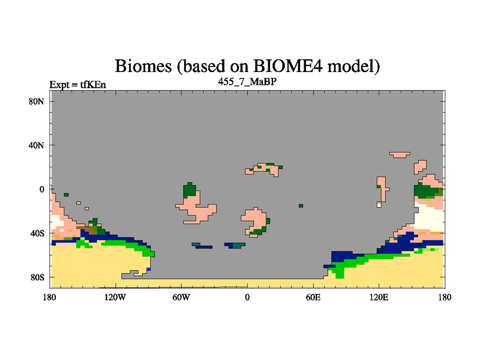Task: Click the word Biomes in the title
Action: pos(143,66)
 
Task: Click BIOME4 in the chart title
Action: pos(288,66)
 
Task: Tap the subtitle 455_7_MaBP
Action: pos(247,82)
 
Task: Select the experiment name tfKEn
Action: pos(93,85)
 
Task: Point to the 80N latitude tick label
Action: pos(37,101)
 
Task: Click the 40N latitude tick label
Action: pos(37,145)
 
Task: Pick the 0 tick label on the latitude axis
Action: pos(41,190)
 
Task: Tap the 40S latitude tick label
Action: pos(37,233)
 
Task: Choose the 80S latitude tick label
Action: pos(37,277)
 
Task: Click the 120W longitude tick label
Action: pos(115,297)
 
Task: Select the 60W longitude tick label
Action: pos(181,297)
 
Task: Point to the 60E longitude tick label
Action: pos(313,297)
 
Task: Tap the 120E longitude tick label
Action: pos(379,297)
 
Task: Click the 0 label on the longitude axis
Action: pos(247,297)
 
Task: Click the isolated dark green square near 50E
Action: pos(301,206)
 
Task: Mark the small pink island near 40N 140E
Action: pos(400,155)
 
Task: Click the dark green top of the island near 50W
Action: pos(190,190)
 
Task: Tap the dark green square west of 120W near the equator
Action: pos(66,194)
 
